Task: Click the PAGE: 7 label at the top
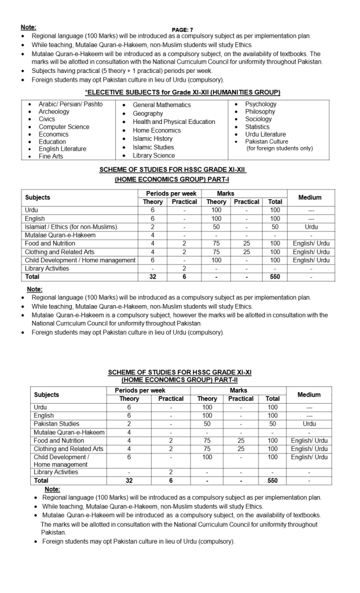[182, 30]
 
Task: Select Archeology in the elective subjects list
[54, 112]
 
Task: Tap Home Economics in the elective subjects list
[156, 130]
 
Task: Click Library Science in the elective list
[153, 156]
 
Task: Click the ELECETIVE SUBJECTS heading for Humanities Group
[183, 92]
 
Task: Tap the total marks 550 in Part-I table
[275, 277]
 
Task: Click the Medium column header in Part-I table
[310, 197]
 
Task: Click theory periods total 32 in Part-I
[153, 277]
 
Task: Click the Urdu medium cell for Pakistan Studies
[309, 424]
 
